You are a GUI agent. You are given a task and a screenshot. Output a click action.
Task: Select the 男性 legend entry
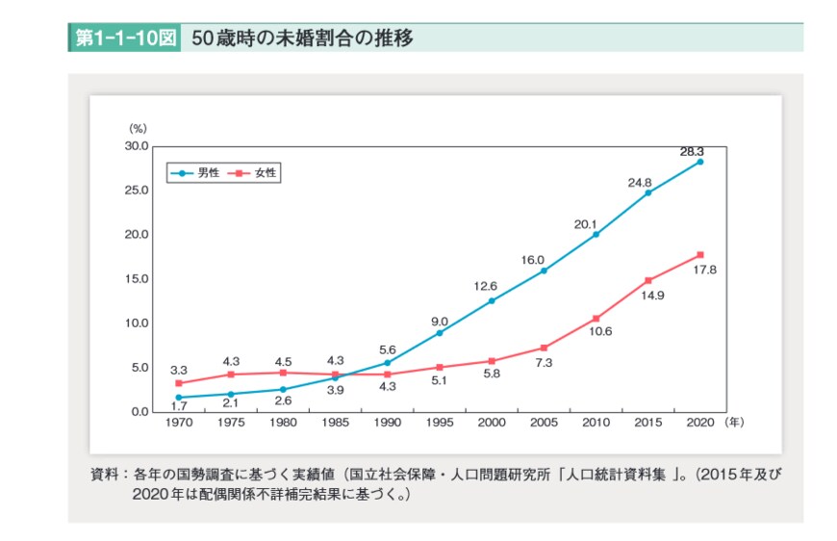pos(199,173)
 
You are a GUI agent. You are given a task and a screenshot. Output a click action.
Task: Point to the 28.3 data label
pos(693,151)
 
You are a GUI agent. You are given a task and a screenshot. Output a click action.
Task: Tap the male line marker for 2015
pos(647,193)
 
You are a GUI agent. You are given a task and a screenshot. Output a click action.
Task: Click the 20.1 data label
pos(586,224)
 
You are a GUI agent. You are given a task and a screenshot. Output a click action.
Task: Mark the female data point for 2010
pos(596,319)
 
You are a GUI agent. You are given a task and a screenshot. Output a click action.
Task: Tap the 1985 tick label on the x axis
pos(335,422)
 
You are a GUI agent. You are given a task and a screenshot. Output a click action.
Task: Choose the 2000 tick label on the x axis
pos(492,422)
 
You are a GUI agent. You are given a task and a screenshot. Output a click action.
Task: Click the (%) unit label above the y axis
pos(138,128)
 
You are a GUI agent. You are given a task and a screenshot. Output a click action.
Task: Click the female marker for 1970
pos(178,383)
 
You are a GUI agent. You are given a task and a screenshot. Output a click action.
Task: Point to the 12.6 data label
pos(483,286)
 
